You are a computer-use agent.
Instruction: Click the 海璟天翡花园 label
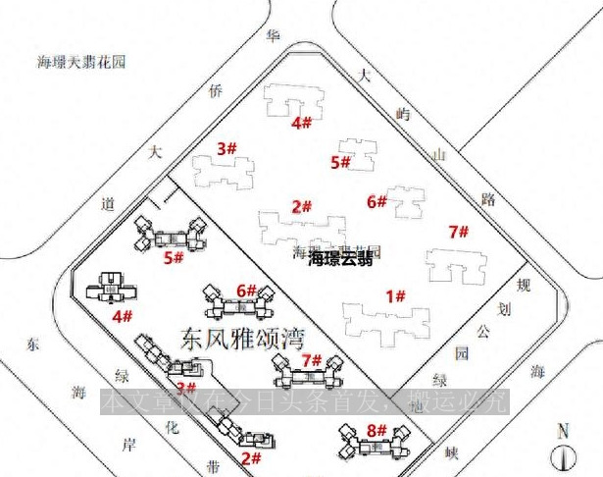pos(82,62)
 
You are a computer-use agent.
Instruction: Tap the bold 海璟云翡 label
pos(339,260)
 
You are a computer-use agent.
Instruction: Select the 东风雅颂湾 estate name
pos(243,338)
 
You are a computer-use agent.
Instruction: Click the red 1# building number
pos(396,295)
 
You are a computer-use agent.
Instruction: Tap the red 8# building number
pos(377,429)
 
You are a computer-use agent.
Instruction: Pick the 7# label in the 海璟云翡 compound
pos(458,233)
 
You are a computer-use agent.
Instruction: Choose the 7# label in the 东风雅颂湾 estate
pos(312,360)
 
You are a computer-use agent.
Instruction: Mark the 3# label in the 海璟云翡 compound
pos(227,149)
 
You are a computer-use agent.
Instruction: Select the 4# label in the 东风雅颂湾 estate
pos(123,316)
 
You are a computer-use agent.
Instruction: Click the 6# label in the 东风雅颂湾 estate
pos(246,291)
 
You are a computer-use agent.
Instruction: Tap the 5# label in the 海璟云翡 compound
pos(341,162)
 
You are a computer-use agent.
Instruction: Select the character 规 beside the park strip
pos(523,285)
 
